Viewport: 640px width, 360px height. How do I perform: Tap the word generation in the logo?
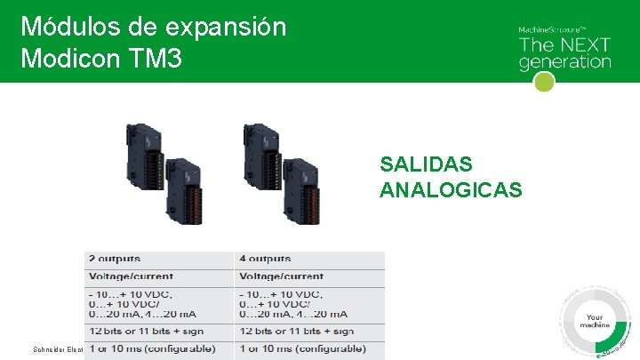click(564, 62)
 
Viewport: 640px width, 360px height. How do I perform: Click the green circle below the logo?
click(544, 82)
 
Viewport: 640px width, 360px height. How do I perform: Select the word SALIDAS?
click(426, 164)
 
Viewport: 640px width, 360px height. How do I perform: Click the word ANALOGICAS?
click(451, 189)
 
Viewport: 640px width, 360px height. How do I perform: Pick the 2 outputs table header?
click(114, 259)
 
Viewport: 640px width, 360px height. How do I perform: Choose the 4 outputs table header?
click(265, 259)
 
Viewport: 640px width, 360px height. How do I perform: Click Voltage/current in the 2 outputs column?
click(131, 276)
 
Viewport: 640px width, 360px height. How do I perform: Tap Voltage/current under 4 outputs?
click(281, 276)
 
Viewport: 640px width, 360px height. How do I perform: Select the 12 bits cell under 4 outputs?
click(296, 331)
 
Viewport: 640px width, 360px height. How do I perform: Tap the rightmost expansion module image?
click(306, 186)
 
